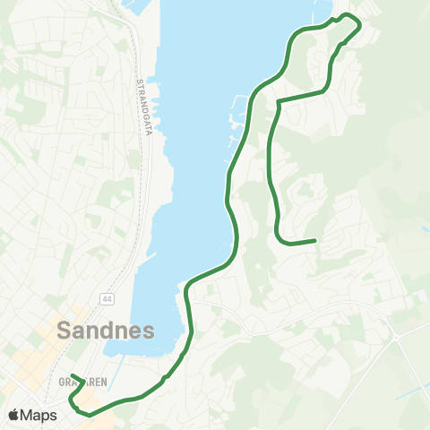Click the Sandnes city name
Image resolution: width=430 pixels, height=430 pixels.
[106, 329]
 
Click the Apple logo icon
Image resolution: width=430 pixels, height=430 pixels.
[14, 415]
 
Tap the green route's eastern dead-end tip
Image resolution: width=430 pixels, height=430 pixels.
[315, 240]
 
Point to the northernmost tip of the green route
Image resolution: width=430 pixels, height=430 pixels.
[348, 16]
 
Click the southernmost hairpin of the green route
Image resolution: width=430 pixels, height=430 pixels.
[88, 413]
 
